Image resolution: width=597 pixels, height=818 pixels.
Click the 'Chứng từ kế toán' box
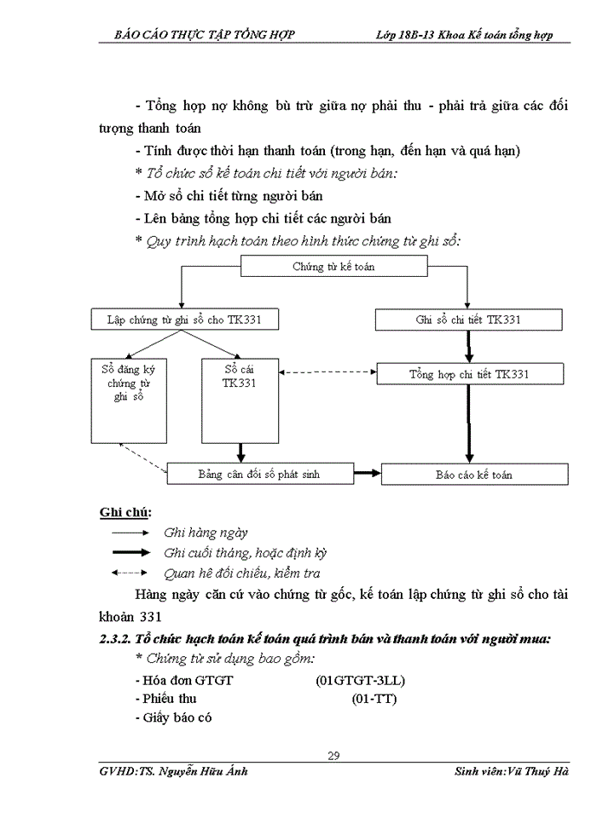tap(333, 267)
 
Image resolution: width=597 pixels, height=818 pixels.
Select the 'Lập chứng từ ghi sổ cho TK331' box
tap(184, 320)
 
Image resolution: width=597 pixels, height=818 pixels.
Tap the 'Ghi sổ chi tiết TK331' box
tap(469, 320)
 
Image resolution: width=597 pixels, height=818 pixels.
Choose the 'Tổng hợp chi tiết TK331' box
tap(469, 374)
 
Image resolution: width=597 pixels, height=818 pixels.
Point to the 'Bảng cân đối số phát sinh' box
tap(259, 474)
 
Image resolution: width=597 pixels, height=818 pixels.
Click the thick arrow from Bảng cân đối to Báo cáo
tap(367, 474)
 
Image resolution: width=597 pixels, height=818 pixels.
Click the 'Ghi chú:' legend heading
tap(125, 512)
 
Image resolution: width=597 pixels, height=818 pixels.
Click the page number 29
tap(333, 756)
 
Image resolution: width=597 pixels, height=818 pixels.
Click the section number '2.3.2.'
tap(115, 639)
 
